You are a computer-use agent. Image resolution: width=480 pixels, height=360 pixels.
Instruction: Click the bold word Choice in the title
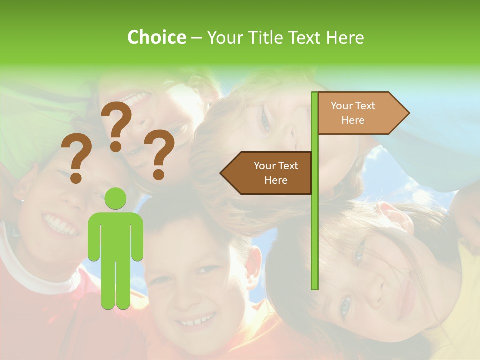156,37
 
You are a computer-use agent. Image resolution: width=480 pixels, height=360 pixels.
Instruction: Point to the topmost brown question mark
116,125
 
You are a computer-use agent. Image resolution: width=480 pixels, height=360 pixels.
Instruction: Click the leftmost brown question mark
76,160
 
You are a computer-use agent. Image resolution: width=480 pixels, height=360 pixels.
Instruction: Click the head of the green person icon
116,199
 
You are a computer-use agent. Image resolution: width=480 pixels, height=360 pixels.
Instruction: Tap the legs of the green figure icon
116,285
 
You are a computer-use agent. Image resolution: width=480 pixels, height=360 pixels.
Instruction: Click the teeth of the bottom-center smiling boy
197,320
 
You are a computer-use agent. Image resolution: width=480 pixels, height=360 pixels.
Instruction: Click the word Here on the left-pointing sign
276,180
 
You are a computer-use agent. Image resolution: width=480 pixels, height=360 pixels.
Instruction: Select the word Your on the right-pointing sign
341,105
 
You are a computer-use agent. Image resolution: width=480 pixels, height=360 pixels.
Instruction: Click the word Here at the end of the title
345,37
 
